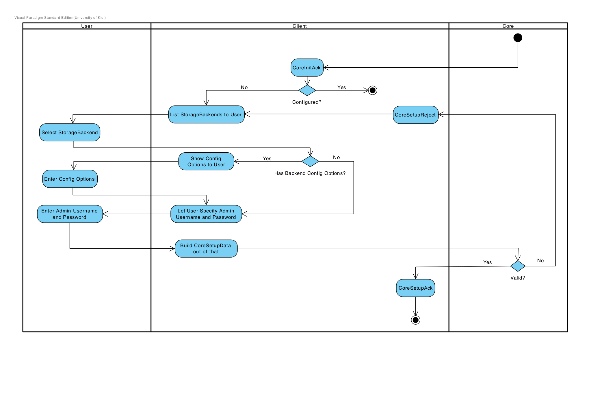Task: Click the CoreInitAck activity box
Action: (307, 68)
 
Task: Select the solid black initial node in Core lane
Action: (518, 38)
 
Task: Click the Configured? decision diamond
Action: (307, 90)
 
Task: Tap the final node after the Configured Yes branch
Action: (373, 90)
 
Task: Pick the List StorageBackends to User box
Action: (206, 114)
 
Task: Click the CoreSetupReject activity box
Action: (415, 115)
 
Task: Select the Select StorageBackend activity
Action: (70, 132)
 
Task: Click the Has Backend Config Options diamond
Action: (310, 161)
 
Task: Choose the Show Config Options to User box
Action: (206, 161)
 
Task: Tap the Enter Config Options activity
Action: (70, 179)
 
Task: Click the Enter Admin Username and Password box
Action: (70, 214)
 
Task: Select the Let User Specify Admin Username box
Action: (206, 214)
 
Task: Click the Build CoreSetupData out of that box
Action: (206, 249)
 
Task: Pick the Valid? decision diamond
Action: (518, 266)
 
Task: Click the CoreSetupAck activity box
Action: (415, 288)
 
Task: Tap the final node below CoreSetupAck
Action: (415, 320)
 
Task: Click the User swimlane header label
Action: (87, 26)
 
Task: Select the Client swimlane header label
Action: (300, 26)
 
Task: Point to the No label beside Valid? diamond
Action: (540, 260)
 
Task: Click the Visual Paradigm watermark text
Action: (60, 18)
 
